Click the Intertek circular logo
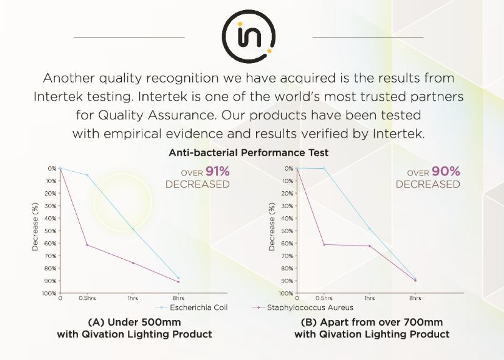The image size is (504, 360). point(249,36)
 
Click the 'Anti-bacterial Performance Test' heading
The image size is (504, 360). point(249,152)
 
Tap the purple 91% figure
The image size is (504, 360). point(217,171)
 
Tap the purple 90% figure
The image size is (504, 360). point(446,171)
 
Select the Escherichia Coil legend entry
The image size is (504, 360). point(192,307)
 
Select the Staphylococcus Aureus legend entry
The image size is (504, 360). point(303,307)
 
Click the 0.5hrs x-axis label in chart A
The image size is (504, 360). point(87,298)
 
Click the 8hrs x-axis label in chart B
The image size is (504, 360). point(415,298)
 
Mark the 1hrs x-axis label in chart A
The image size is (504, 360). point(133,298)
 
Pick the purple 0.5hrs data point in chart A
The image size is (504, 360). point(87,245)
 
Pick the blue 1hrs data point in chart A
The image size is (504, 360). point(133,229)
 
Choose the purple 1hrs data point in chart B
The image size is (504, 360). point(370,246)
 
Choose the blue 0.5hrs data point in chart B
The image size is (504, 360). point(324,168)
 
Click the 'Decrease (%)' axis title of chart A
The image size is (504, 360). point(35,226)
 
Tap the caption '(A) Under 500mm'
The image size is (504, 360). point(134,322)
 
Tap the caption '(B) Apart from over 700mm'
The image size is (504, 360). point(372,322)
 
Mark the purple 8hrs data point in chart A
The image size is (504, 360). point(179,282)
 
